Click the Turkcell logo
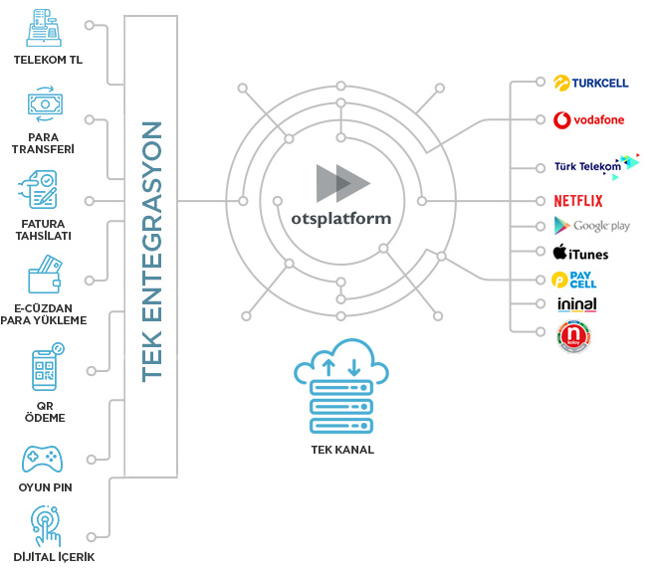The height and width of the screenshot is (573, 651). pyautogui.click(x=591, y=84)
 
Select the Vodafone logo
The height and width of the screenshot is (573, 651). pyautogui.click(x=589, y=120)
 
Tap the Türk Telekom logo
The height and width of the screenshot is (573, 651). pyautogui.click(x=596, y=165)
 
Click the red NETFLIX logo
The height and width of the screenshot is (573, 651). pyautogui.click(x=578, y=200)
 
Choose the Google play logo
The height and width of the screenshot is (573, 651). pyautogui.click(x=592, y=226)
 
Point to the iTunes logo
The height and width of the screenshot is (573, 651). pyautogui.click(x=580, y=254)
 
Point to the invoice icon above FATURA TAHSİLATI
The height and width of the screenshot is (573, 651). pyautogui.click(x=41, y=190)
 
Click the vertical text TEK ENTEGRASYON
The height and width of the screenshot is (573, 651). pyautogui.click(x=151, y=251)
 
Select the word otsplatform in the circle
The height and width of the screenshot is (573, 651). pyautogui.click(x=341, y=217)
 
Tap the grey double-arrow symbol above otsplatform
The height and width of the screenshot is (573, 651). pyautogui.click(x=342, y=182)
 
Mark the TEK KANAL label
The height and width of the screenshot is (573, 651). pyautogui.click(x=340, y=450)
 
